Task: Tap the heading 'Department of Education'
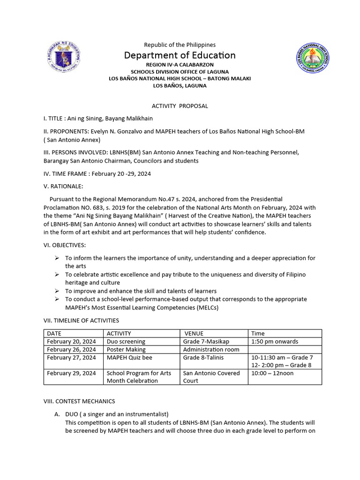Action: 180,55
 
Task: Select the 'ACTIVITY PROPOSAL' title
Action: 180,106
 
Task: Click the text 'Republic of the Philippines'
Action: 180,45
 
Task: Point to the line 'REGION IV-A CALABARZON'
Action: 180,64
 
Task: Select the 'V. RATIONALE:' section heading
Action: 63,186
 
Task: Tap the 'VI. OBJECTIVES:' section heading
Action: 65,245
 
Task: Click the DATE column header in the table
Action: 54,334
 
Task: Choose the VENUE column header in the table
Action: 194,334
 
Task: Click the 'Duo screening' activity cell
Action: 126,342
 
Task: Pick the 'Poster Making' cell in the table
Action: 126,350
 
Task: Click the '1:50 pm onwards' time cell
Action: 274,342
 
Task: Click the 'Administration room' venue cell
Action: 211,350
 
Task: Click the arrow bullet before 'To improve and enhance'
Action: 57,291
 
